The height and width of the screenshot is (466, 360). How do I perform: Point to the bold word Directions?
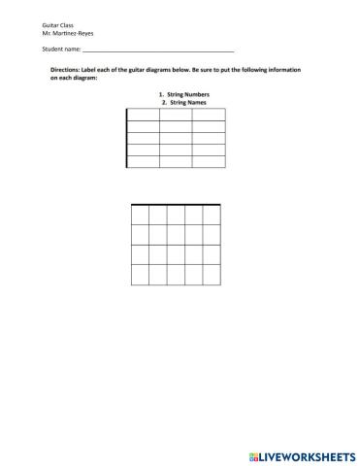[x=68, y=71]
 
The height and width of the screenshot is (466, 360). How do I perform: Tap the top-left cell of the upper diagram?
[x=143, y=115]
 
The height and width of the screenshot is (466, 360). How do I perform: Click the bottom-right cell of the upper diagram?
[x=209, y=161]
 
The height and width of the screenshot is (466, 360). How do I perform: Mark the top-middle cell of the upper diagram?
[x=176, y=115]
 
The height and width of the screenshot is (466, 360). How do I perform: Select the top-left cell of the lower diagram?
[x=140, y=215]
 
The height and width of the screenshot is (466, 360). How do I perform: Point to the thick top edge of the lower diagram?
[x=180, y=205]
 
